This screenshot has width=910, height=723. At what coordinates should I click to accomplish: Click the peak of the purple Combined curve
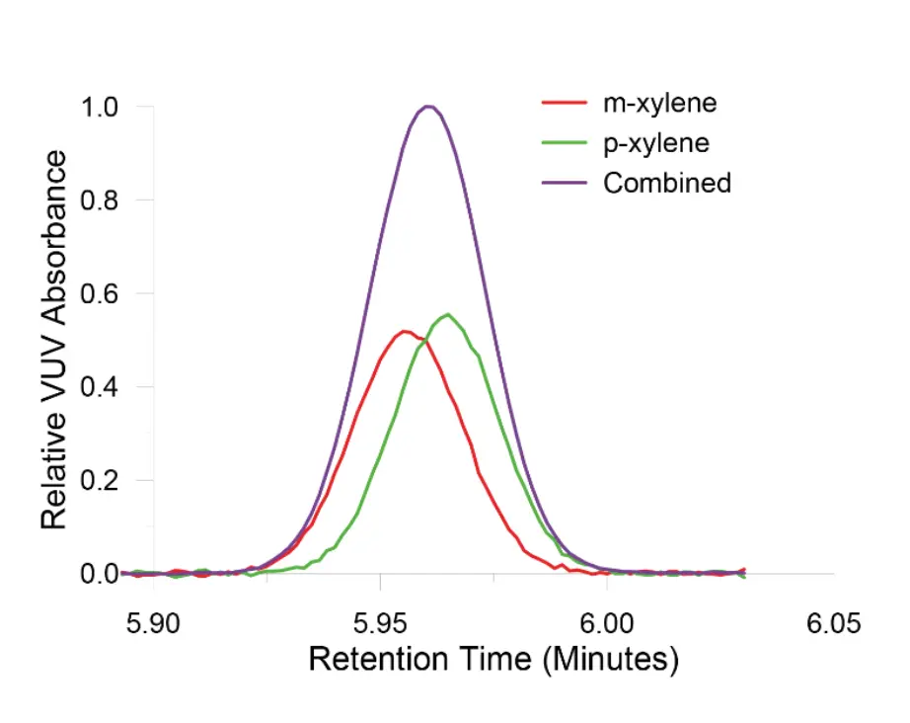(x=428, y=106)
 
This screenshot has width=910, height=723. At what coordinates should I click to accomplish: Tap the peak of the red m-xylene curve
(x=405, y=331)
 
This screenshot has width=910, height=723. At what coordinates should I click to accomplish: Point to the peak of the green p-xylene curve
(x=448, y=314)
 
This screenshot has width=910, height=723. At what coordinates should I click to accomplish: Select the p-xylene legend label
(x=656, y=142)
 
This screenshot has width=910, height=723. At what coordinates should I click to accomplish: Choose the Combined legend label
(x=667, y=183)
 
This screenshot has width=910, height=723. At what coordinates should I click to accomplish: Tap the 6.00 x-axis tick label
(x=606, y=624)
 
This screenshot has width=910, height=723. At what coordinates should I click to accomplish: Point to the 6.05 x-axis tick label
(x=833, y=624)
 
